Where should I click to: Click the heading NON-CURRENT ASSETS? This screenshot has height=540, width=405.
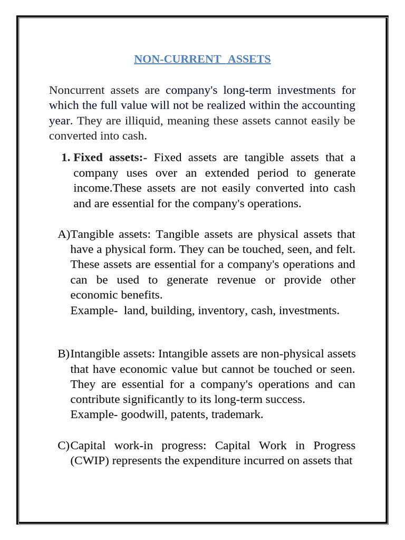202,59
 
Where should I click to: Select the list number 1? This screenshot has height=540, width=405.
65,158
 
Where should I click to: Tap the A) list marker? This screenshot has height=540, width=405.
63,234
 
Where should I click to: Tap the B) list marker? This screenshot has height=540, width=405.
63,353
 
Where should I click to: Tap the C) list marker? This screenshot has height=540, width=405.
63,446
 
